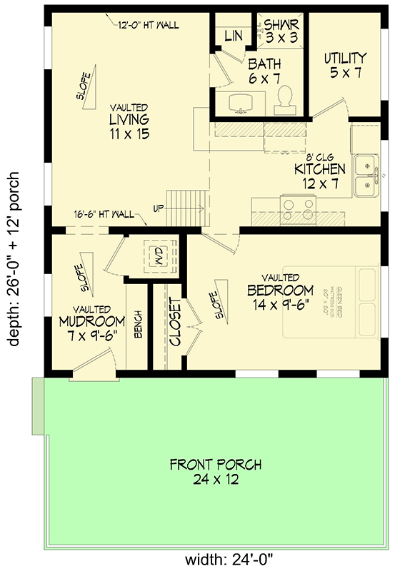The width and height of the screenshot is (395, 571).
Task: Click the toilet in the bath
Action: pyautogui.click(x=284, y=99)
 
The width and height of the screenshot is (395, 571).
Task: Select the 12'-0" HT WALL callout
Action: pyautogui.click(x=148, y=25)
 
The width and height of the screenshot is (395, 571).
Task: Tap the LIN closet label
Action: pyautogui.click(x=233, y=35)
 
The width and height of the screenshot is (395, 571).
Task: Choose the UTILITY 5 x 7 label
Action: pyautogui.click(x=344, y=64)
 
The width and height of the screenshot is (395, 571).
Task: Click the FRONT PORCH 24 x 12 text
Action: pyautogui.click(x=215, y=472)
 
